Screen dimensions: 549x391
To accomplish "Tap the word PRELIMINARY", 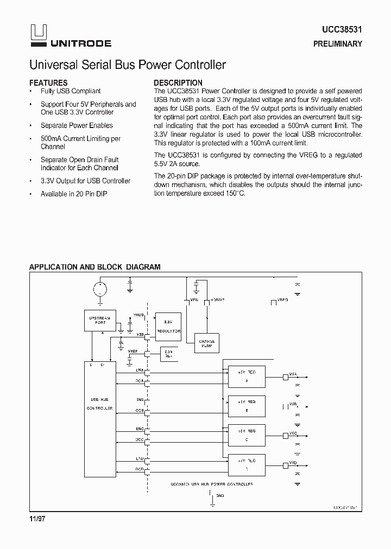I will (337, 44).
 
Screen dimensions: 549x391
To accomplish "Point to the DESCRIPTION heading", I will (178, 83).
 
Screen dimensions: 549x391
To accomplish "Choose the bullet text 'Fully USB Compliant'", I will (71, 91).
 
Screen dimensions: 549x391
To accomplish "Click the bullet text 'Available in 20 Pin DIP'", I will (74, 194).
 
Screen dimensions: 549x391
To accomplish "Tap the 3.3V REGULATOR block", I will (168, 326).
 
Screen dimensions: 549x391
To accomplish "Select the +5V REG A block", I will (247, 376).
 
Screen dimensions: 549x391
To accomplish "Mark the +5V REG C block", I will (247, 435).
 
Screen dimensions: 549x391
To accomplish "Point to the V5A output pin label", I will (293, 374).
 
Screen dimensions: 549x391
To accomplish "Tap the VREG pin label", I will (282, 299).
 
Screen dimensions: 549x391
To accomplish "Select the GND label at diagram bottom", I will (219, 496).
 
